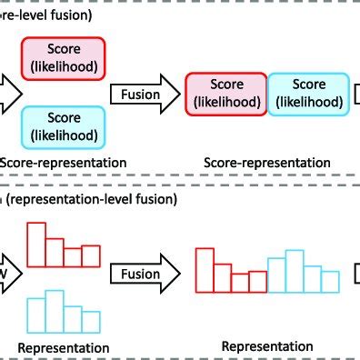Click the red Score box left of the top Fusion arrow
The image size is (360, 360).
click(x=63, y=58)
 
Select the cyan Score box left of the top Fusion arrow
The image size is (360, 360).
click(x=63, y=125)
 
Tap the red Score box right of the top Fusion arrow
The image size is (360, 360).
click(x=225, y=93)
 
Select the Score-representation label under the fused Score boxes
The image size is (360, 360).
click(x=265, y=163)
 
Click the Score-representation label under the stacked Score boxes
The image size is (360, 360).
click(x=63, y=163)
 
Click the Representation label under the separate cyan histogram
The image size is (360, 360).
click(x=63, y=347)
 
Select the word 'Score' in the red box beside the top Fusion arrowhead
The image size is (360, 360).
click(x=225, y=85)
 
